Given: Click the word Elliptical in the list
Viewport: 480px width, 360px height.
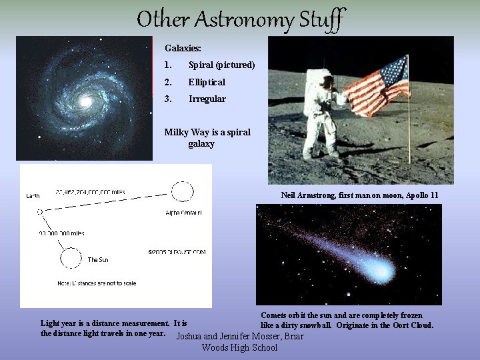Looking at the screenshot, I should pos(207,82).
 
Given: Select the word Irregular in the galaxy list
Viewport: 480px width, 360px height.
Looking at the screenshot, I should pos(207,99).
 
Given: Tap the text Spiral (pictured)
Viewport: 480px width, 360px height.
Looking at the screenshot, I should pos(221,65).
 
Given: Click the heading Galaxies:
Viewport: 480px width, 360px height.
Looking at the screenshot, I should pos(183,49).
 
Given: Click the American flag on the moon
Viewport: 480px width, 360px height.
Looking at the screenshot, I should pos(376,85).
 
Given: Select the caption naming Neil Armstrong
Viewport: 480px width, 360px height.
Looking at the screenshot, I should pos(359,195).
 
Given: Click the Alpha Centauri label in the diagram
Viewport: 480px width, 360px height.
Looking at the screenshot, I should pos(183,213).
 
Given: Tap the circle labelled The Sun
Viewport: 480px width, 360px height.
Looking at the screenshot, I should pos(68,257).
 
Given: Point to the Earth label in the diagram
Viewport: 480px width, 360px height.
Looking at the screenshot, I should pos(33,197).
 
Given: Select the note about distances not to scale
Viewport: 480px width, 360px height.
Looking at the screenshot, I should pos(97,283).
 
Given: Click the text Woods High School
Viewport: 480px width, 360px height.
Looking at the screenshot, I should pos(239,347).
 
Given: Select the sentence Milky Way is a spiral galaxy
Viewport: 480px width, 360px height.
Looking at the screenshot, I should pos(207,137).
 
